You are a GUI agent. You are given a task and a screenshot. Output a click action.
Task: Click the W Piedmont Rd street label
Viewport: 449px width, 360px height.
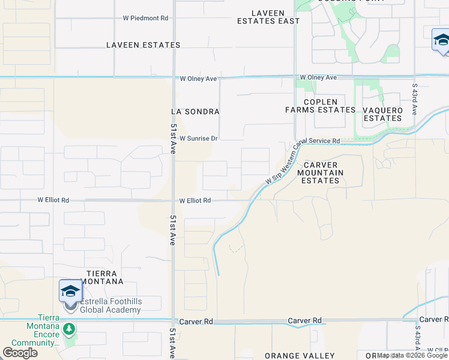pos(146,19)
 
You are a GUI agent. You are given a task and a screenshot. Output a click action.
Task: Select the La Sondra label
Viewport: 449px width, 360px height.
pos(195,112)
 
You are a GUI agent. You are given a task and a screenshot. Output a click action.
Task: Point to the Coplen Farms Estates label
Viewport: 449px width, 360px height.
pos(320,106)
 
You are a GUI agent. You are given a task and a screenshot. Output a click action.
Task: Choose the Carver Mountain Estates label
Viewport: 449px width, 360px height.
pos(320,173)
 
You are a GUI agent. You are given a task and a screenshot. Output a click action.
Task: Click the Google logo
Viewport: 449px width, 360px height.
pos(20,353)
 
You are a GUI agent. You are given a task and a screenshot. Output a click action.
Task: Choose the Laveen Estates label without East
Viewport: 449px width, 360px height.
pos(143,45)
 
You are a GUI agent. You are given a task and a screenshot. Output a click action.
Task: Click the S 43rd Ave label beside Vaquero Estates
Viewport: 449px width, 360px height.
pos(415,99)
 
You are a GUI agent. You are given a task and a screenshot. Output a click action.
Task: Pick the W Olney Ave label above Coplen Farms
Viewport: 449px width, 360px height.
pos(318,77)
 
